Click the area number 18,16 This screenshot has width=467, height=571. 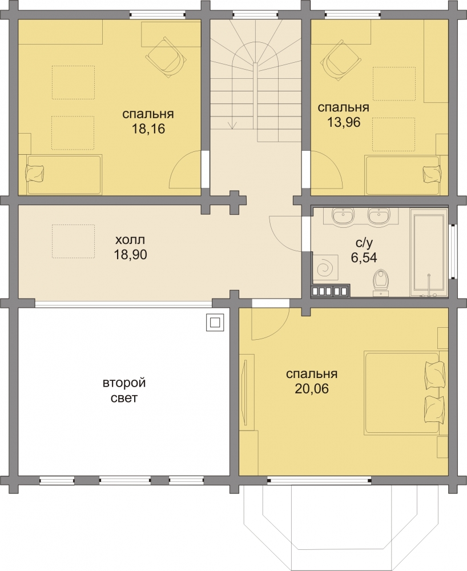point(148,129)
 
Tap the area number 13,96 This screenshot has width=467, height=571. point(344,122)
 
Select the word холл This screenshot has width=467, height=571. point(130,240)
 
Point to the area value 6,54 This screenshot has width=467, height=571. point(364,258)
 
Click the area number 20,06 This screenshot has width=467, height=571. point(312,389)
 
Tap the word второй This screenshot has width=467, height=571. point(124,383)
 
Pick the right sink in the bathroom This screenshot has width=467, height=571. point(379,215)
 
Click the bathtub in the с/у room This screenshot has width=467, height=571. point(429,255)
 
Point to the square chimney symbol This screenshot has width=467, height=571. point(215,322)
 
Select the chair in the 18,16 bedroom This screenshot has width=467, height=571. point(166,58)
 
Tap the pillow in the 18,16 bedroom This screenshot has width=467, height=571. point(35,174)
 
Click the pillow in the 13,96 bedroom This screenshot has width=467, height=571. point(432,174)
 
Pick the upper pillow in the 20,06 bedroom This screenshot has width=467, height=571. point(434,372)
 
